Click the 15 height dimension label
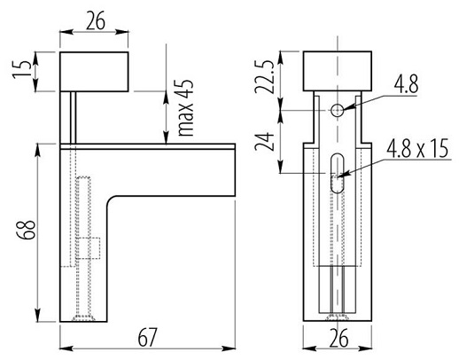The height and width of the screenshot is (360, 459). point(22,70)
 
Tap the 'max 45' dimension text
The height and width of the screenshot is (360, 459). point(186,108)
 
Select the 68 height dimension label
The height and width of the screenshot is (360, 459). point(26,230)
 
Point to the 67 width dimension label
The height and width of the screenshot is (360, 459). point(147,337)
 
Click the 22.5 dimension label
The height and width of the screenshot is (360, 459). point(264,77)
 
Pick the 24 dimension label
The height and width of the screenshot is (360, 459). point(264,142)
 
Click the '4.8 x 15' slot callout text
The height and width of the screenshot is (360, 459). point(417,148)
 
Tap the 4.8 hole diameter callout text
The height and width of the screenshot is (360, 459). point(406,84)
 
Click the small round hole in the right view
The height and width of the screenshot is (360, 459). point(337,110)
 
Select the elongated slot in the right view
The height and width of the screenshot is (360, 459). point(337,173)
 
